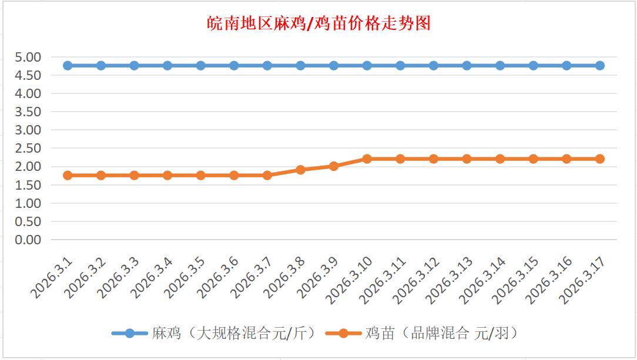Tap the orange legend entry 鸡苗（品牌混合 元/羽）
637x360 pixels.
point(432,334)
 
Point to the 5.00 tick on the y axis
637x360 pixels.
point(28,57)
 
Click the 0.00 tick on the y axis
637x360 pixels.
point(28,240)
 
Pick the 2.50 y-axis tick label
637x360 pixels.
point(28,149)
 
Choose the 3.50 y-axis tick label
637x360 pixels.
point(28,112)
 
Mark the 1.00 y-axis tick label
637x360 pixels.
point(28,203)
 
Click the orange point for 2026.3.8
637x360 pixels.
point(300,170)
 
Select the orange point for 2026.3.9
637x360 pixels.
point(334,166)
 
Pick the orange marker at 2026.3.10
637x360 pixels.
point(367,159)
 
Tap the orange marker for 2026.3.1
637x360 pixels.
point(68,175)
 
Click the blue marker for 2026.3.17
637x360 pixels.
point(600,66)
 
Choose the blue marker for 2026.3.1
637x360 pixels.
point(68,66)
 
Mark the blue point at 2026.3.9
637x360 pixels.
point(334,66)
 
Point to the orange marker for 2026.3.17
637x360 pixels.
point(600,159)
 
